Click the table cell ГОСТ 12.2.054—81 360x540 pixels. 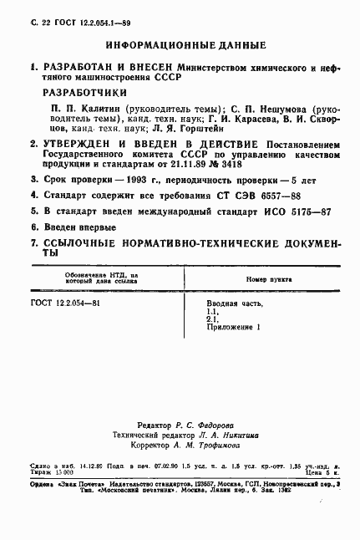tap(64, 303)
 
